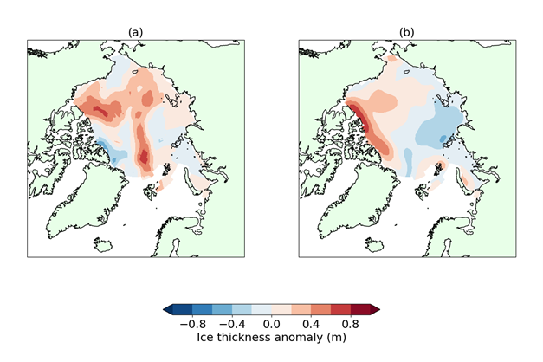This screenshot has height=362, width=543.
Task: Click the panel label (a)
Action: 134,32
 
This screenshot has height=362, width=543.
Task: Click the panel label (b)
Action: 406,32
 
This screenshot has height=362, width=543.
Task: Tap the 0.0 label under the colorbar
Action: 271,324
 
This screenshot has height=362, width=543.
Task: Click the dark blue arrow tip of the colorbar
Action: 166,308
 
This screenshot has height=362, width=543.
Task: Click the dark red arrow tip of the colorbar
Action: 375,308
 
